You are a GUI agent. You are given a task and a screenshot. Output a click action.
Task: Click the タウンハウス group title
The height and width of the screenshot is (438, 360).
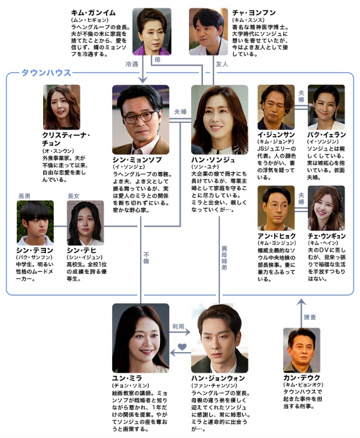pos(47,73)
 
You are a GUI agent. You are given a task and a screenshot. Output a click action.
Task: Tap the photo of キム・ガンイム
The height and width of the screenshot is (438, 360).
pos(151,31)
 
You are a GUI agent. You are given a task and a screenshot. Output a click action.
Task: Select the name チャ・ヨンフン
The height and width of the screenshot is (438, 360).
pos(253,12)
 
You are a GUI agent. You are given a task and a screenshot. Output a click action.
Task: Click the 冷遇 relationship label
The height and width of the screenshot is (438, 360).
pos(132,64)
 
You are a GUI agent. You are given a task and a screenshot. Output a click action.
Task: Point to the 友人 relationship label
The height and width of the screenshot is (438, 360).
pos(221,64)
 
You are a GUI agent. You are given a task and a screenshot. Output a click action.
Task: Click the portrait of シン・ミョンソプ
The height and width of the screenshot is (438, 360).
pos(141,119)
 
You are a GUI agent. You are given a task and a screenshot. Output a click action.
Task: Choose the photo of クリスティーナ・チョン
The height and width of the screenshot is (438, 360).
pos(62,107)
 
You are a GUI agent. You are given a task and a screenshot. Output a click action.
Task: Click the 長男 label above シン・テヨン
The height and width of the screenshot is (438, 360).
pos(24,196)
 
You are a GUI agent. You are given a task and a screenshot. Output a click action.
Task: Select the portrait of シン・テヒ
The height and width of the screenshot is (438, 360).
pos(85,223)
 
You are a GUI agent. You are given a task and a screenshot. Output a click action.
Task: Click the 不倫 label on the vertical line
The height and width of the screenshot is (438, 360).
pos(146,258)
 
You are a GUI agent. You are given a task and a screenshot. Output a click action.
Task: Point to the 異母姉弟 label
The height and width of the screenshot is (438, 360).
pos(224,258)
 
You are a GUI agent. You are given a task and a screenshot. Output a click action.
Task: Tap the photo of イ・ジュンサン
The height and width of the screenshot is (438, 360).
pos(276,107)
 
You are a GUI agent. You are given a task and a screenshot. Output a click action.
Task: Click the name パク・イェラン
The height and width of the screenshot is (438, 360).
pos(326,135)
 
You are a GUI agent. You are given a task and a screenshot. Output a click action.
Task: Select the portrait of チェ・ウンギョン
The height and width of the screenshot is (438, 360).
pos(326,208)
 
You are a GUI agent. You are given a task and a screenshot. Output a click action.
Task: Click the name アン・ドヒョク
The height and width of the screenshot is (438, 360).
pos(276,236)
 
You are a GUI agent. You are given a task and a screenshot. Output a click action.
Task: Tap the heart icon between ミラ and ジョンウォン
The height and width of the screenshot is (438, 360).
pos(182,347)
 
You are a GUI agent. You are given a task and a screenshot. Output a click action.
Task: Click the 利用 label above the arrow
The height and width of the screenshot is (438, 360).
pos(178,326)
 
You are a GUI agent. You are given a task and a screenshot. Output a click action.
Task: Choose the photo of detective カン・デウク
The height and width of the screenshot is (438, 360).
pos(302,351)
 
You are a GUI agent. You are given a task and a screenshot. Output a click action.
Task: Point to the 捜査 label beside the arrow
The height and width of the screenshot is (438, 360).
pos(310,317)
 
